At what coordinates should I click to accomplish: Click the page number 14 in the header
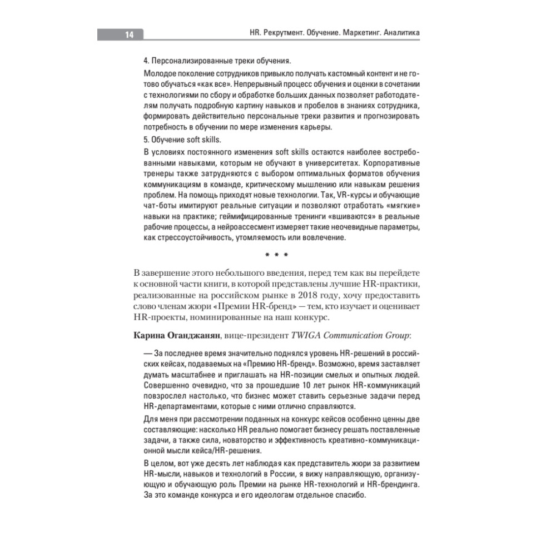coord(128,34)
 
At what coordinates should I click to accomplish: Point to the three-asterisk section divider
coord(276,256)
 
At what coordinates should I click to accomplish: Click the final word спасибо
coord(349,496)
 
